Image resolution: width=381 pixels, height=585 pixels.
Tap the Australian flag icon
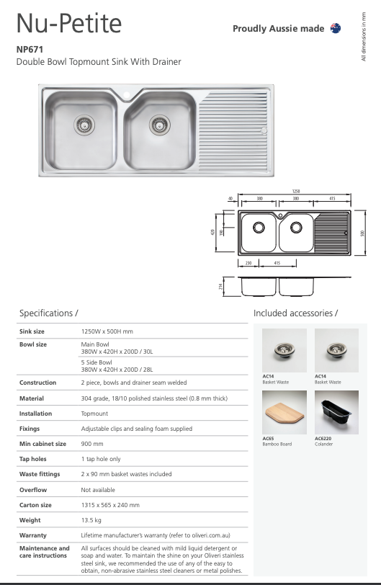tap(335, 28)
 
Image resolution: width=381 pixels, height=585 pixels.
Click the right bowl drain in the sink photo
tap(159, 125)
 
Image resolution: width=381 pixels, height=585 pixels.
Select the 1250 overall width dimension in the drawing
tap(295, 191)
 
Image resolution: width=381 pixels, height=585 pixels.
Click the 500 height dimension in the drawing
tap(364, 231)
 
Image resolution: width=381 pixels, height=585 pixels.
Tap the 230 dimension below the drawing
tap(248, 263)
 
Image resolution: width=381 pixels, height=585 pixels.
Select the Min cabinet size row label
tap(42, 444)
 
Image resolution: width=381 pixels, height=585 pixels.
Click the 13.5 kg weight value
tap(91, 519)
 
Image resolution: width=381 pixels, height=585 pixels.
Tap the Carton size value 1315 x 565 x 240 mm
tap(110, 505)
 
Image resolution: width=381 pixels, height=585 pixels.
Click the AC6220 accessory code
tap(323, 438)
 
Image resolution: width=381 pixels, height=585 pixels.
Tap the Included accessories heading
tap(295, 313)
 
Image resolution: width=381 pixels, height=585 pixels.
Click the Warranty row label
tap(33, 535)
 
